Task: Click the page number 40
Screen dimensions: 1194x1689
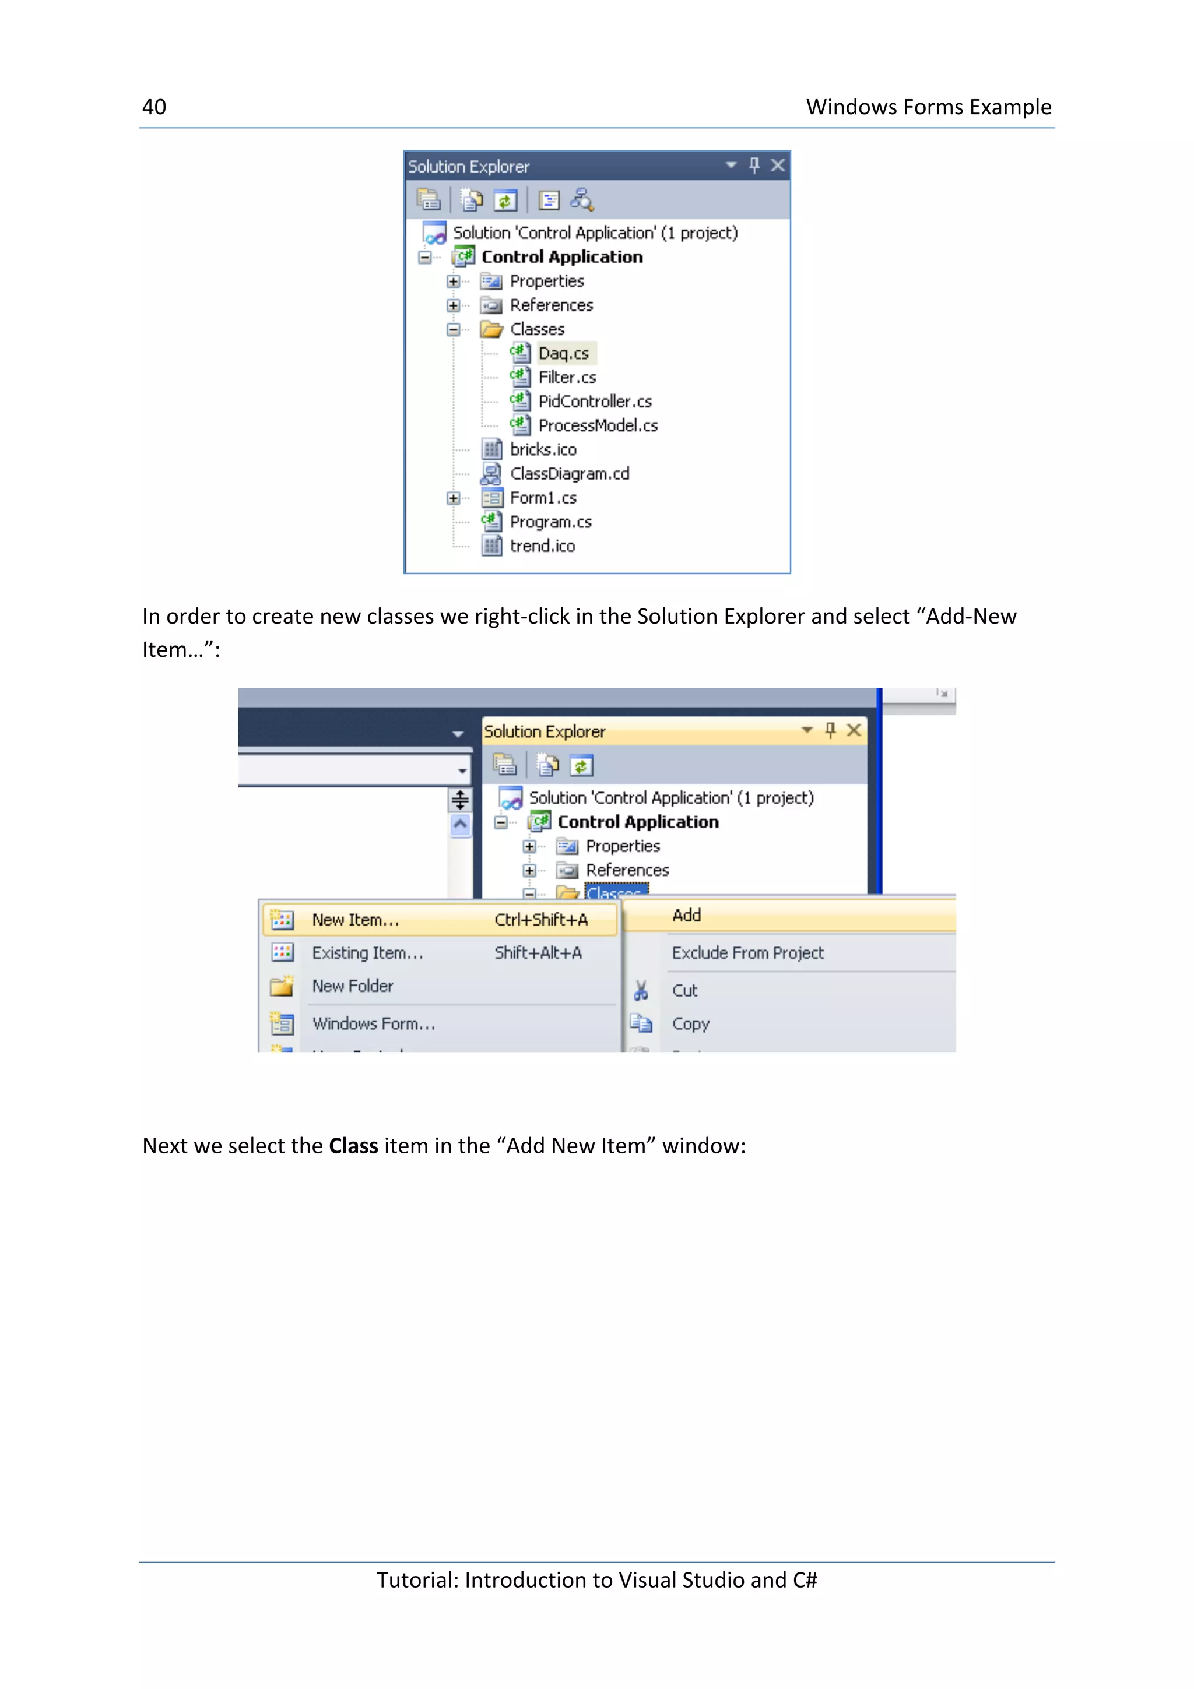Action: pyautogui.click(x=154, y=107)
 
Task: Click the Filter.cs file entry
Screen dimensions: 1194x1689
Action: pyautogui.click(x=567, y=378)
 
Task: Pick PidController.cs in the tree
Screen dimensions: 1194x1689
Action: pyautogui.click(x=595, y=402)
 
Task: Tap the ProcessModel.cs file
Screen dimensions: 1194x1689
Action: pyautogui.click(x=598, y=426)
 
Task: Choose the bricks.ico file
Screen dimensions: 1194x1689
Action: pyautogui.click(x=543, y=449)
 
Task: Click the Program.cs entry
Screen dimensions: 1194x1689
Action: pyautogui.click(x=550, y=522)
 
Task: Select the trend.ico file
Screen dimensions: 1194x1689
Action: pyautogui.click(x=542, y=547)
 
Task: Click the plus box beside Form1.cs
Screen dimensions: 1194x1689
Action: pyautogui.click(x=453, y=499)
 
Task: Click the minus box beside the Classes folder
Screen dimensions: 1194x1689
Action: pyautogui.click(x=453, y=329)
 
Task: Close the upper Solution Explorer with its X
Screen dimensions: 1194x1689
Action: pyautogui.click(x=778, y=166)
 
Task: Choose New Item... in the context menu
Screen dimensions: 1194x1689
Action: pyautogui.click(x=355, y=920)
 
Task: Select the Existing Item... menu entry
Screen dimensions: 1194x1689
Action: pyautogui.click(x=367, y=953)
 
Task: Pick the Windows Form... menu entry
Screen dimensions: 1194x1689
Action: pyautogui.click(x=373, y=1024)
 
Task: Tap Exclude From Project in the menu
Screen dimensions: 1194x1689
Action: pyautogui.click(x=747, y=953)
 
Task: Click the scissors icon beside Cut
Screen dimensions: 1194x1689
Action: pyautogui.click(x=641, y=991)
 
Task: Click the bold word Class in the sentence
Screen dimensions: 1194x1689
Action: pyautogui.click(x=353, y=1146)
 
